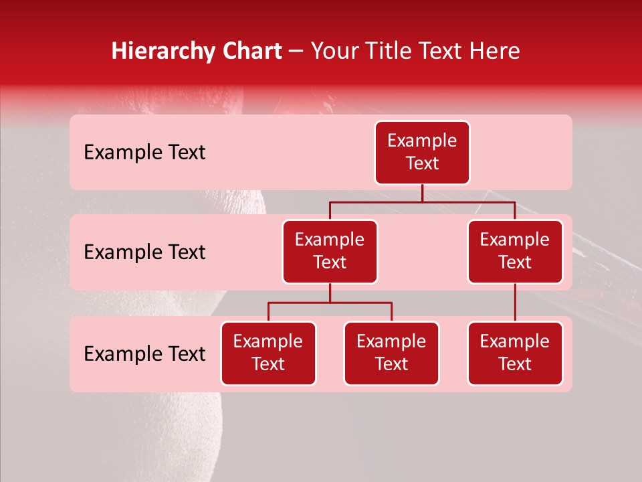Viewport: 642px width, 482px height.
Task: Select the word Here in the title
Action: pyautogui.click(x=495, y=52)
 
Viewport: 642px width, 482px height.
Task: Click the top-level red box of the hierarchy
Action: pyautogui.click(x=422, y=153)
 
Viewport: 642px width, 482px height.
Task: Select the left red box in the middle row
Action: pyautogui.click(x=330, y=252)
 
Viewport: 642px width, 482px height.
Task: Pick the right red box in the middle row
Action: pyautogui.click(x=515, y=252)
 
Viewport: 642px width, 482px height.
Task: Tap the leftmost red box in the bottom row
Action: pyautogui.click(x=268, y=353)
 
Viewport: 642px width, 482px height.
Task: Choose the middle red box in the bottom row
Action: pyautogui.click(x=391, y=353)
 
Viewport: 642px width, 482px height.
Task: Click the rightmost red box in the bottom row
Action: pyautogui.click(x=515, y=353)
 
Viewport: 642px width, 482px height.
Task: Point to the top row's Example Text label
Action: pyautogui.click(x=144, y=153)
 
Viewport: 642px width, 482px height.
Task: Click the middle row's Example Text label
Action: pyautogui.click(x=144, y=252)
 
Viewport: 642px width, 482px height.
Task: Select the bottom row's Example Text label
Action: pyautogui.click(x=144, y=354)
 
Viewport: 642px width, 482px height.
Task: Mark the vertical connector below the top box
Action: pyautogui.click(x=422, y=193)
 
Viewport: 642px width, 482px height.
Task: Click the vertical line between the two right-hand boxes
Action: pyautogui.click(x=515, y=303)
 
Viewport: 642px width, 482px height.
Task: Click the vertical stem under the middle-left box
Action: pyautogui.click(x=330, y=293)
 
